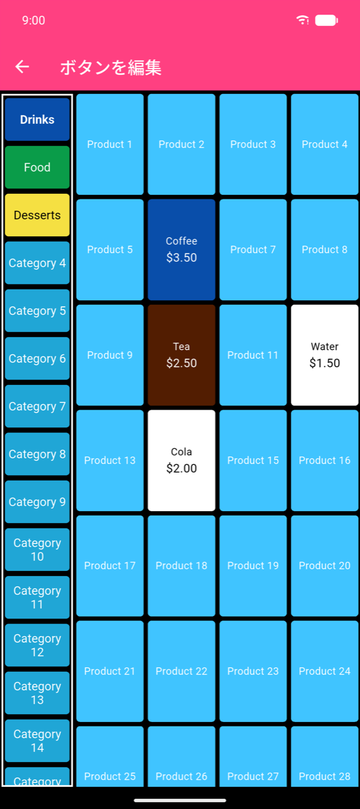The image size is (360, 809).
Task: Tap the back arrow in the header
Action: (x=22, y=67)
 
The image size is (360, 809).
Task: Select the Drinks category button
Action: (x=37, y=119)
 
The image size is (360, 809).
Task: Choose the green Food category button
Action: (x=37, y=167)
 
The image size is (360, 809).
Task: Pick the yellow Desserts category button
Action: (x=37, y=215)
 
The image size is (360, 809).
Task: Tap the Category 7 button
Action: (x=37, y=406)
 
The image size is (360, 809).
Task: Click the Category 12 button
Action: (x=37, y=645)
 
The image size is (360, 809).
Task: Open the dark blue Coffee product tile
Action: (x=181, y=250)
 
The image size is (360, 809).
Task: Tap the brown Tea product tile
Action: (x=181, y=355)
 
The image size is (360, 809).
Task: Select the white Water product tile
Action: (x=324, y=355)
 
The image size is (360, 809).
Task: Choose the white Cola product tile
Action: (x=181, y=460)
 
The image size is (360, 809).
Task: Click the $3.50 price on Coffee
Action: (x=181, y=258)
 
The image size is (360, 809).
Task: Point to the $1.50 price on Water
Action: (x=324, y=363)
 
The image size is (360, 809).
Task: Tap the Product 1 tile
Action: (x=110, y=145)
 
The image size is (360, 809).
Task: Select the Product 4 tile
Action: (x=324, y=145)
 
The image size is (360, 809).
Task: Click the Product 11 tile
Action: (x=253, y=355)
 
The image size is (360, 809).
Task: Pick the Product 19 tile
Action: (x=253, y=566)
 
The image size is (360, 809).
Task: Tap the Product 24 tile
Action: (x=324, y=671)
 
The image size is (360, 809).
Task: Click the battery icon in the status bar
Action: (x=326, y=20)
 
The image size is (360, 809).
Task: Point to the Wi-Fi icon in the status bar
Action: (x=302, y=20)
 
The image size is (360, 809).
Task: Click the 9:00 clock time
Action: (x=34, y=20)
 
